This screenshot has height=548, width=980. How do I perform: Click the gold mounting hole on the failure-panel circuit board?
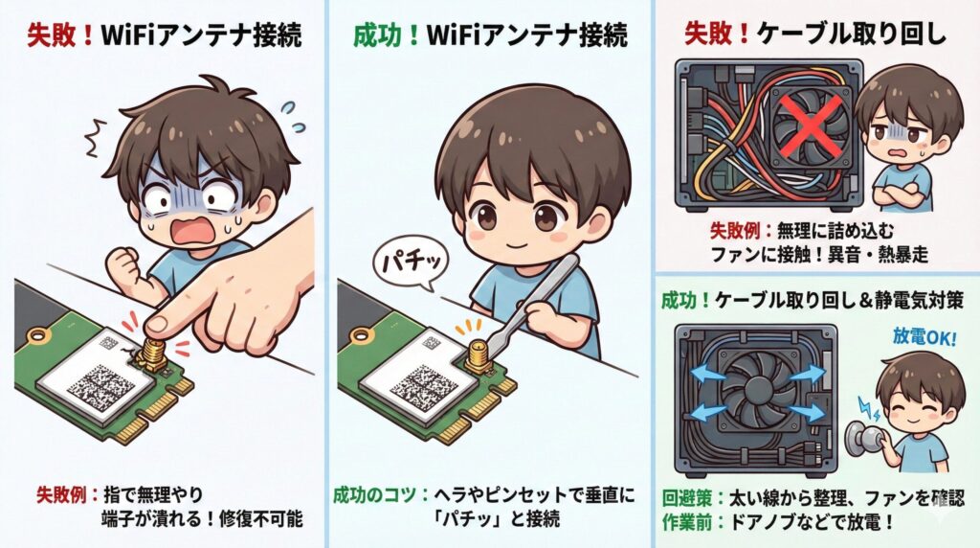click(38, 337)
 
